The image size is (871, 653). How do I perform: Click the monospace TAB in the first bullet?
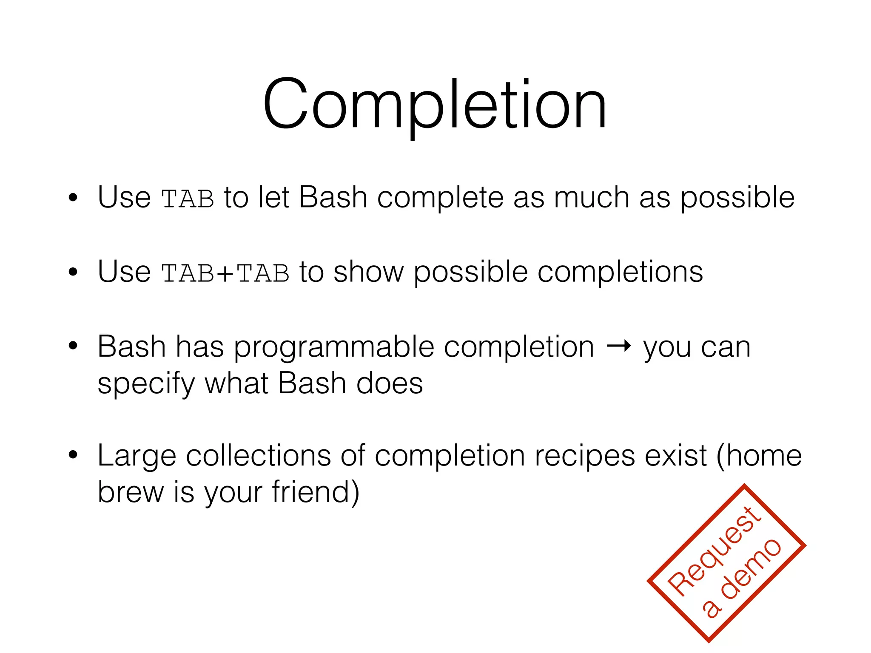[x=188, y=199]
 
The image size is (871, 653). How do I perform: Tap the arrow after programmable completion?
[x=618, y=346]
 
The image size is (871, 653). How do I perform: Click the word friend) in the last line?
[x=316, y=492]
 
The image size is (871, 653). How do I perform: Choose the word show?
[x=368, y=272]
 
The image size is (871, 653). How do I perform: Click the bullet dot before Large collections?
[x=73, y=455]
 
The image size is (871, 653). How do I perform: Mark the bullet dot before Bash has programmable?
[x=73, y=346]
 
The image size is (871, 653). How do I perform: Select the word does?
[x=389, y=383]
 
